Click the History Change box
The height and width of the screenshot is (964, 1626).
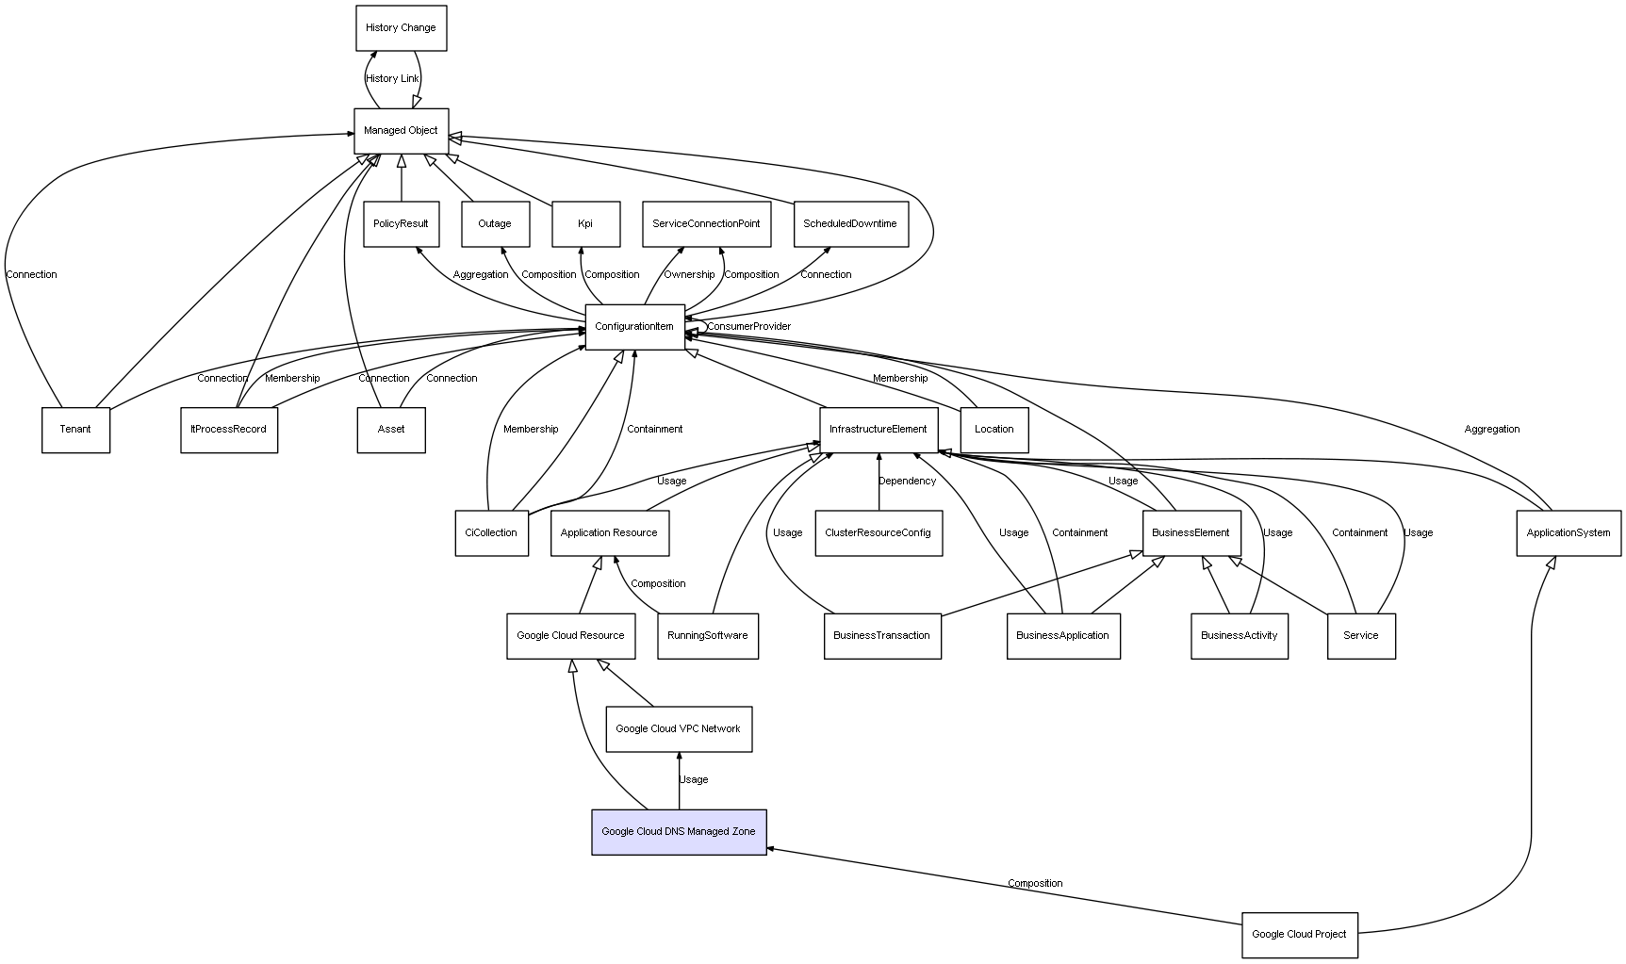[401, 28]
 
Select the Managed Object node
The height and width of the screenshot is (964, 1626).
[401, 131]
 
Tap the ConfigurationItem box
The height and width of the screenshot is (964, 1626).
[634, 327]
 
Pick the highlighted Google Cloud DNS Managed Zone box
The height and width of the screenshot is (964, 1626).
[679, 832]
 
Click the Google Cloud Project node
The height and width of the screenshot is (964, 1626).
[1299, 935]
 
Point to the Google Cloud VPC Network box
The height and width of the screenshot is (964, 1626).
[679, 729]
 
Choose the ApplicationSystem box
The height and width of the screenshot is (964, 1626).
[1569, 533]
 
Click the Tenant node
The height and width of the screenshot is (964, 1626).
[75, 430]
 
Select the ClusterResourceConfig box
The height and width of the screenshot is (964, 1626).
[879, 533]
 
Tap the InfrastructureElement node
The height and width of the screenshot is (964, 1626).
[879, 430]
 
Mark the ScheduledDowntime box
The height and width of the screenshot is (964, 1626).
[850, 224]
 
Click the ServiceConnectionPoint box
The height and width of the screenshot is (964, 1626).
[706, 224]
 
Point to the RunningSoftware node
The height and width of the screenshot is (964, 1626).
[708, 636]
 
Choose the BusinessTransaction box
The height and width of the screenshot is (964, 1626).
[882, 636]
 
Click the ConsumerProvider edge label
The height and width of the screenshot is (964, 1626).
[749, 327]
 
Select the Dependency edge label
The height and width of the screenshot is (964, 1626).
[908, 482]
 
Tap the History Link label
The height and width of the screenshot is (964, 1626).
[392, 79]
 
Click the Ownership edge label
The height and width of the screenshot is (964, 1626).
[689, 275]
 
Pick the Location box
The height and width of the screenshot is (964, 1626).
[994, 430]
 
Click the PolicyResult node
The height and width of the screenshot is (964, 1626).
[401, 224]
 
